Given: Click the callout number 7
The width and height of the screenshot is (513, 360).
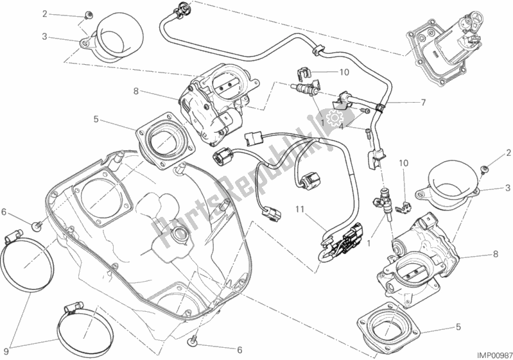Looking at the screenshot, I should [423, 103].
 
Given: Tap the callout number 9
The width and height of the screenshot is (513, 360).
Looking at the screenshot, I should [7, 351].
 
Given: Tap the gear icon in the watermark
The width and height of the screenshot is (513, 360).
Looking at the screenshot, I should [333, 119].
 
